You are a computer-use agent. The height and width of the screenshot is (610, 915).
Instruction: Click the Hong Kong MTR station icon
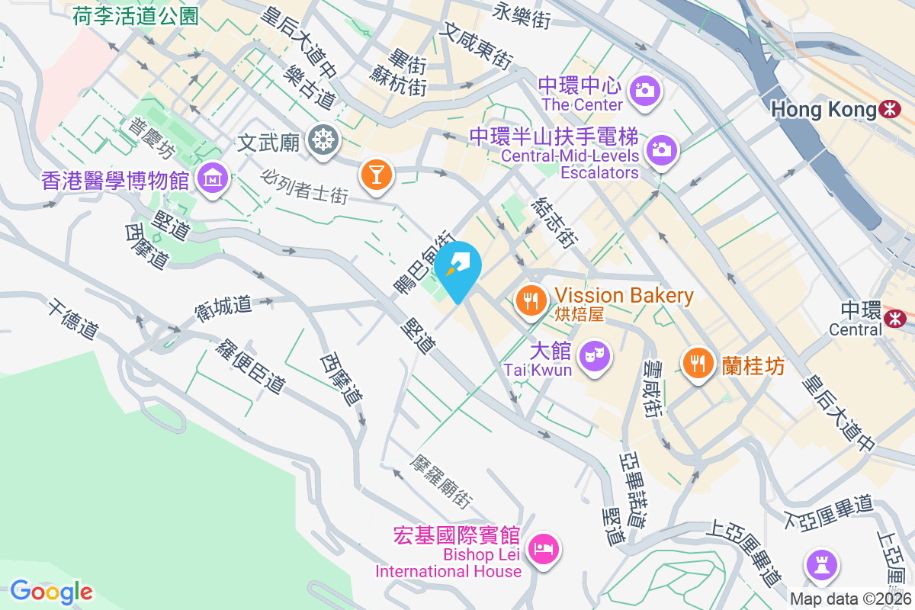click(x=889, y=109)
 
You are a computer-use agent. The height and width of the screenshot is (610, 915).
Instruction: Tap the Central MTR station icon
click(x=894, y=316)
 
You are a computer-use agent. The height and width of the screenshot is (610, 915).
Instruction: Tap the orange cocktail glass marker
click(x=375, y=173)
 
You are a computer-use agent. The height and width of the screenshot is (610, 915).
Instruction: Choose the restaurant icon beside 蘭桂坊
click(x=698, y=363)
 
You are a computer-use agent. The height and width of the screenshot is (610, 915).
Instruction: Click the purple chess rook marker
click(x=823, y=566)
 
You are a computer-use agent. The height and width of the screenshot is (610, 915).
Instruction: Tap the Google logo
click(x=51, y=592)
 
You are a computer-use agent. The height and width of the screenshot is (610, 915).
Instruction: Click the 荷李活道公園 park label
click(x=136, y=16)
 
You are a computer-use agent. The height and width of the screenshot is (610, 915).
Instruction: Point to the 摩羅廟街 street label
click(x=440, y=483)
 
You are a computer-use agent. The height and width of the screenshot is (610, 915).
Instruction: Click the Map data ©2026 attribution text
click(x=849, y=599)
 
